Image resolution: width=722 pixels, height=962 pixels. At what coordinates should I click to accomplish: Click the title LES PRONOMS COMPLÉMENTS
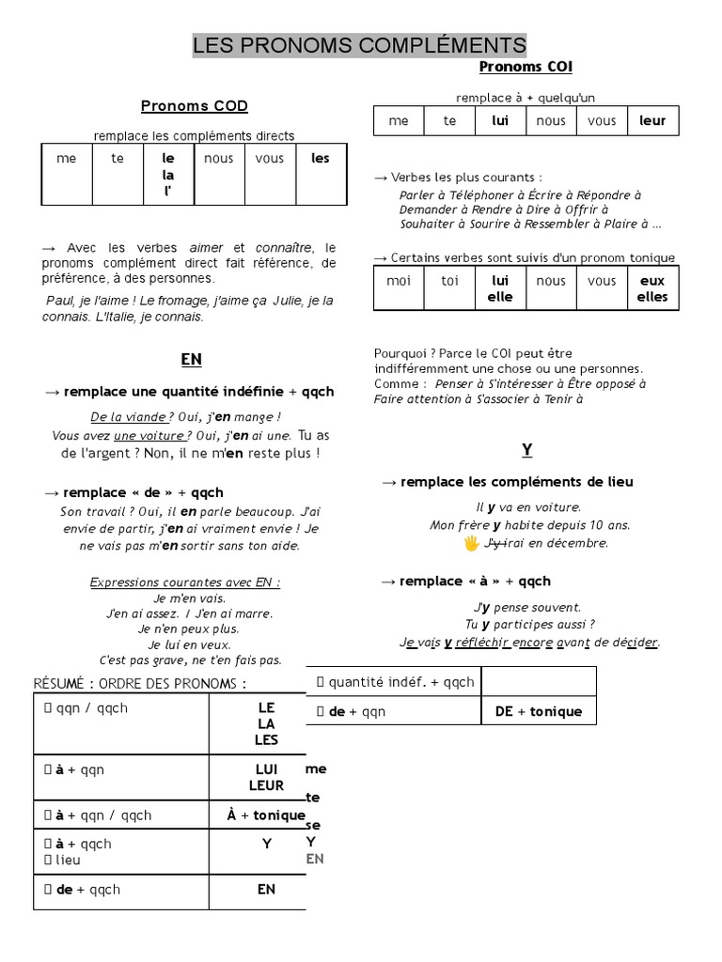pyautogui.click(x=360, y=45)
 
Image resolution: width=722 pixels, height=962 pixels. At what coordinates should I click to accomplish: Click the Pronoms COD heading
pyautogui.click(x=195, y=106)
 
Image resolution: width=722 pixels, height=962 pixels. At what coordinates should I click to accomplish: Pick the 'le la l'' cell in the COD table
pyautogui.click(x=168, y=174)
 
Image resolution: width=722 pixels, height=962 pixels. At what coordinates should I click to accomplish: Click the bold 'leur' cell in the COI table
pyautogui.click(x=652, y=121)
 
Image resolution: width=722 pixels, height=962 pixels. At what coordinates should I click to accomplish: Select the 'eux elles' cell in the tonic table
pyautogui.click(x=652, y=288)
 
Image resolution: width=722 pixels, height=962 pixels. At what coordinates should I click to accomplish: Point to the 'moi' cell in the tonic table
pyautogui.click(x=399, y=281)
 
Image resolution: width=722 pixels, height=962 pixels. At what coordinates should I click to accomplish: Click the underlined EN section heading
pyautogui.click(x=191, y=360)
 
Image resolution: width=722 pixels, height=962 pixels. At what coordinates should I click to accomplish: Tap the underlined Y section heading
pyautogui.click(x=527, y=450)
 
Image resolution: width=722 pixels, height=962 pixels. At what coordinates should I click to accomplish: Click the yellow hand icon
pyautogui.click(x=472, y=543)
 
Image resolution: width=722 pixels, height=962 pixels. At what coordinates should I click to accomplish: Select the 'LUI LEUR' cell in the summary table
pyautogui.click(x=266, y=777)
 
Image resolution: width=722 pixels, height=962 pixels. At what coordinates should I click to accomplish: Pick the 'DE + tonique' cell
pyautogui.click(x=539, y=711)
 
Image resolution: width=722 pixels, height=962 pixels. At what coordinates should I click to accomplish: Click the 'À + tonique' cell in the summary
pyautogui.click(x=266, y=815)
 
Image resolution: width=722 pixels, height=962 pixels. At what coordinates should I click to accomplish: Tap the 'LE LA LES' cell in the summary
pyautogui.click(x=266, y=723)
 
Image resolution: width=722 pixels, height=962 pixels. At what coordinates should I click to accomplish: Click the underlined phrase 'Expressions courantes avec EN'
pyautogui.click(x=185, y=582)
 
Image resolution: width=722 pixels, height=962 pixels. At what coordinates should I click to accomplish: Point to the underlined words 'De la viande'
pyautogui.click(x=128, y=417)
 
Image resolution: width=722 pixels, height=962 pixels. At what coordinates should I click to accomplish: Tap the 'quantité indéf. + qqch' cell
pyautogui.click(x=395, y=682)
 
